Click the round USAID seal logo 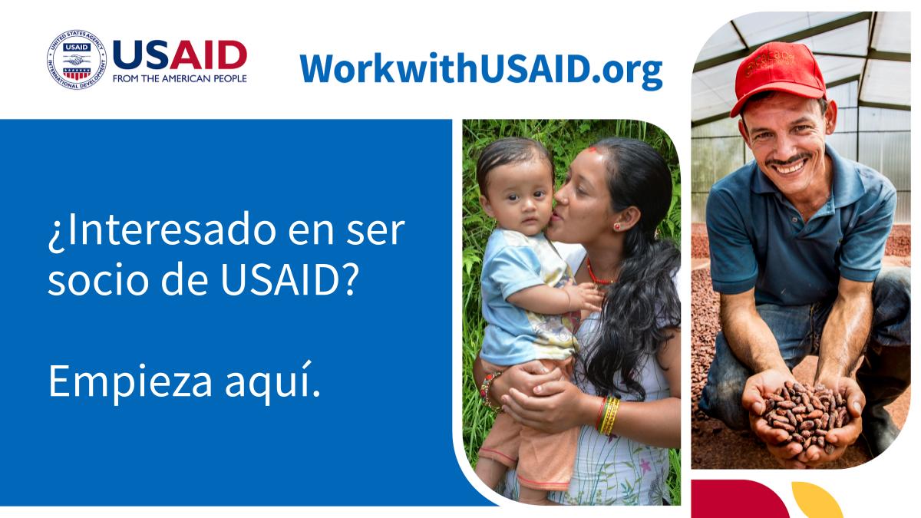76,60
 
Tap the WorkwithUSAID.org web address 480,69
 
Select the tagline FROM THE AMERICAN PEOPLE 180,78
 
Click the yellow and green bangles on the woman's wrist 609,415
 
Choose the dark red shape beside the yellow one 737,500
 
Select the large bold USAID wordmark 180,55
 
